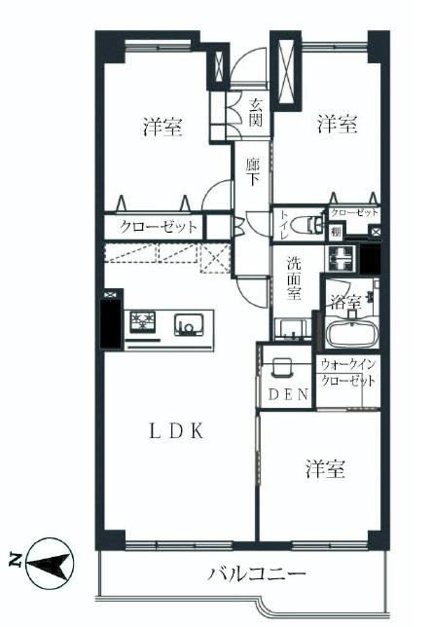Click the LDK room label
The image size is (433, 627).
(175, 432)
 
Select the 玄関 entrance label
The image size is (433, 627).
(255, 113)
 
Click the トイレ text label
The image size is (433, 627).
(284, 224)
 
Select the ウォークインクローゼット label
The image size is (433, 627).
(348, 372)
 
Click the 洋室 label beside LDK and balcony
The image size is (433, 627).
(326, 469)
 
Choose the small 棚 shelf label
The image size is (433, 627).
(336, 232)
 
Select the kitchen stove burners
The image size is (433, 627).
(143, 322)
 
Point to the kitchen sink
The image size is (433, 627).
(187, 323)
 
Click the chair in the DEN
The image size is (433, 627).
(283, 368)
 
